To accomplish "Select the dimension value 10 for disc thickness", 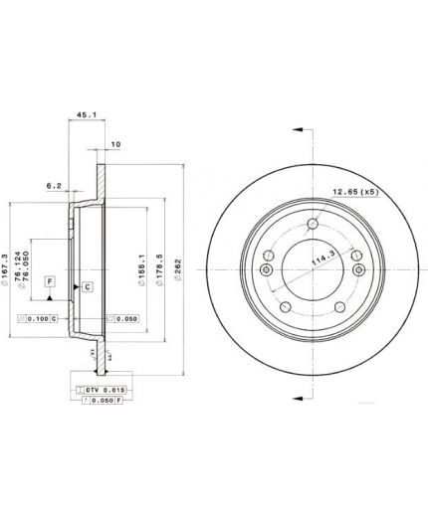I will (116, 145).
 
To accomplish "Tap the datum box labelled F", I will (47, 282).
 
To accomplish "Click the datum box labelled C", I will (88, 287).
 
